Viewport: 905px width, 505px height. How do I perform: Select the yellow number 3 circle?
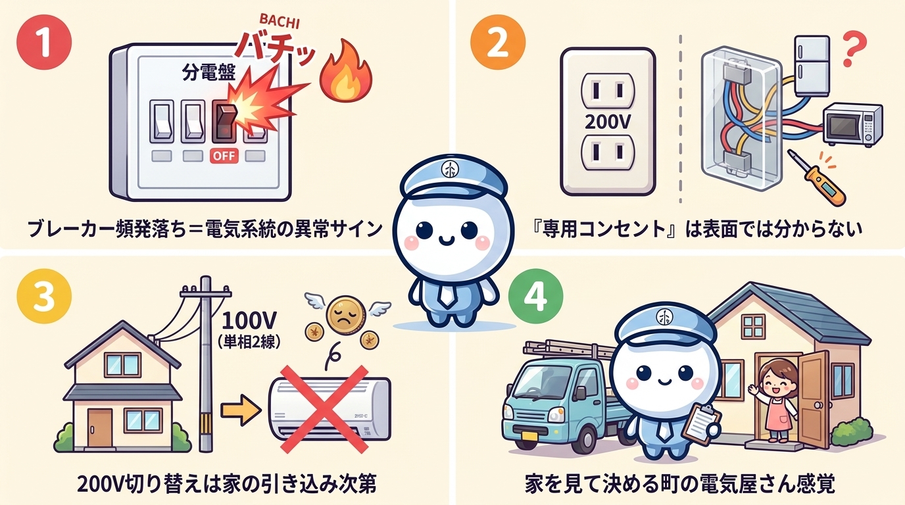coord(43,298)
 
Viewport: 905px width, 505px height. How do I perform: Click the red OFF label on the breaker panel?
coord(224,156)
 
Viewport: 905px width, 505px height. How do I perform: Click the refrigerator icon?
coord(814,66)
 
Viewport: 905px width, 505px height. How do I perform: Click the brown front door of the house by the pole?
coord(101,426)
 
